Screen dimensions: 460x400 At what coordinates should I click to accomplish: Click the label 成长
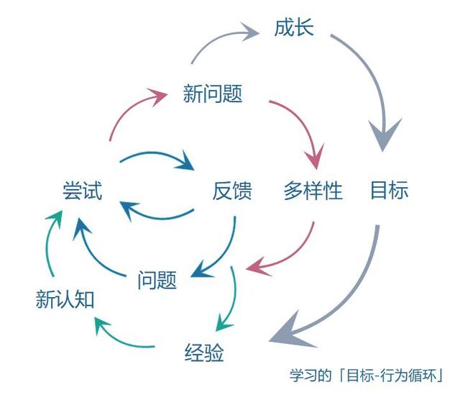point(294,27)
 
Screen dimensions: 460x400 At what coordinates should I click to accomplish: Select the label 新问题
point(213,94)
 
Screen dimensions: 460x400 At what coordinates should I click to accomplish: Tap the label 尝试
point(83,191)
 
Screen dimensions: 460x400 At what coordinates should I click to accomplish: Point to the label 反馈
point(232,191)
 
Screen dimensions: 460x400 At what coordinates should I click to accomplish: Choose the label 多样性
point(313,191)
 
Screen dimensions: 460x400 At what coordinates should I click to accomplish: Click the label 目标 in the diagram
point(390,190)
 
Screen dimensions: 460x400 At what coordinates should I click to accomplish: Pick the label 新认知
point(65,299)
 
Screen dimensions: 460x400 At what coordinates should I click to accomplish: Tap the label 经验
point(204,352)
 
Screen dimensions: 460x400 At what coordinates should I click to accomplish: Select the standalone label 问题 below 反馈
point(157,280)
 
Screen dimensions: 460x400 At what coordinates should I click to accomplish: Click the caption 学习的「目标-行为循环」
point(366,376)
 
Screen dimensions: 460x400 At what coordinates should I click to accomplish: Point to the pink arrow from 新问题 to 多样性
point(305,123)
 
